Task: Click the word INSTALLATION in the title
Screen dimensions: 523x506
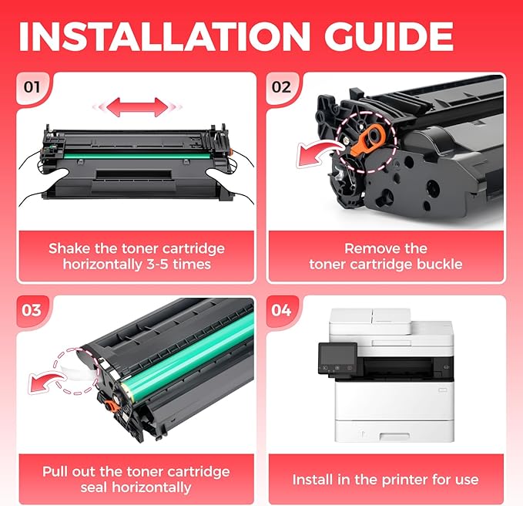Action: (x=164, y=36)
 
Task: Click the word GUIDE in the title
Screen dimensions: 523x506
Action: (x=388, y=36)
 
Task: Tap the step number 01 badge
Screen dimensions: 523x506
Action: (x=32, y=87)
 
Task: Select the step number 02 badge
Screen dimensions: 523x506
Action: (x=281, y=87)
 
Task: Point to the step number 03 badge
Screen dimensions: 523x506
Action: (x=32, y=310)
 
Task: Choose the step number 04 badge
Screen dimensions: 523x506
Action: (x=281, y=310)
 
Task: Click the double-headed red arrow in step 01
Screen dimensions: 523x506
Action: (x=137, y=107)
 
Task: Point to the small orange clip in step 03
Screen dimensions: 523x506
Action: (x=110, y=405)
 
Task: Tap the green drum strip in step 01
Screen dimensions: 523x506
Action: (x=137, y=156)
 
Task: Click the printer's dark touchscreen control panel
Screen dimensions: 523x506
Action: (x=337, y=359)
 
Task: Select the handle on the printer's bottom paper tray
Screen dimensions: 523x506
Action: (x=394, y=436)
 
